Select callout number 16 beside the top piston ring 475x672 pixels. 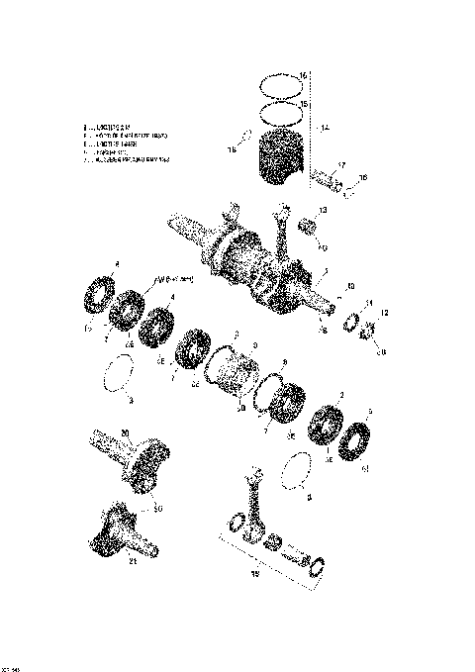click(305, 75)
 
